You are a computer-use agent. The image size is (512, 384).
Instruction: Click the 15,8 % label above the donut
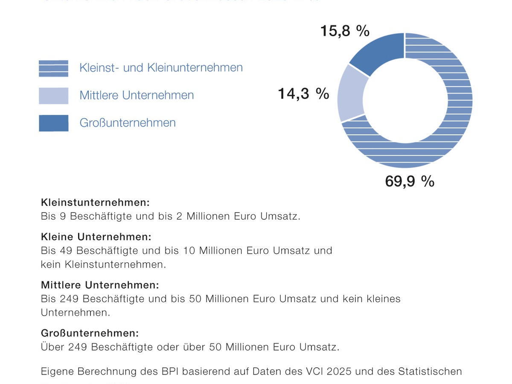[345, 31]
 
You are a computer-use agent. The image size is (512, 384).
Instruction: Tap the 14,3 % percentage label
[303, 93]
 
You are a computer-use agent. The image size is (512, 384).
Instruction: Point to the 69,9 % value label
[410, 181]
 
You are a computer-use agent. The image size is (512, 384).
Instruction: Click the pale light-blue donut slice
[351, 94]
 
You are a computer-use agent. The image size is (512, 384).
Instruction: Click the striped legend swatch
[53, 68]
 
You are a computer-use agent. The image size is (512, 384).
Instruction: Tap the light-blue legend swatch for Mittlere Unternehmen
[53, 96]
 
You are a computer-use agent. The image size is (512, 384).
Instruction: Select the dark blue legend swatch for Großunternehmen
[53, 123]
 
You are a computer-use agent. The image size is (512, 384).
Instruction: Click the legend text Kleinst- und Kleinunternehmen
[161, 67]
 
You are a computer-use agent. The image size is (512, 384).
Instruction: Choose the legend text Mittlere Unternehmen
[137, 95]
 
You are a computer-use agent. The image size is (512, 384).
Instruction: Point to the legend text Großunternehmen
[128, 123]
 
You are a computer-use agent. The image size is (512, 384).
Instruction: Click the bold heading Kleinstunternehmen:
[95, 202]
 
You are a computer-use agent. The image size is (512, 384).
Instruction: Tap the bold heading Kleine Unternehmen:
[96, 236]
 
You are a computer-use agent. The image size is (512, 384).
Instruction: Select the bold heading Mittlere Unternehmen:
[100, 285]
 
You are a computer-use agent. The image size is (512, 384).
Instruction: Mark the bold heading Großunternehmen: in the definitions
[90, 333]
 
